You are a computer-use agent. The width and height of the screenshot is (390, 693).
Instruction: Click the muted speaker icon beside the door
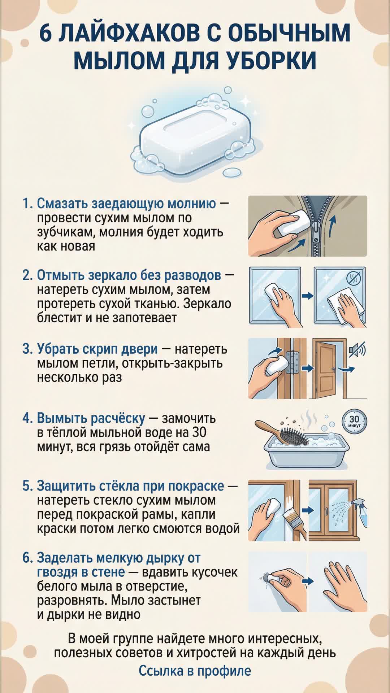pos(357,349)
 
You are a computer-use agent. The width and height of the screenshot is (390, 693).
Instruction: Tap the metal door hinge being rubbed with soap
pos(292,363)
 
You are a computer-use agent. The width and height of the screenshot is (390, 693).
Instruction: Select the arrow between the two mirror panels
pos(307,296)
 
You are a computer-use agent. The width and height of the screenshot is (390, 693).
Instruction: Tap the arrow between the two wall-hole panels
pos(308,581)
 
